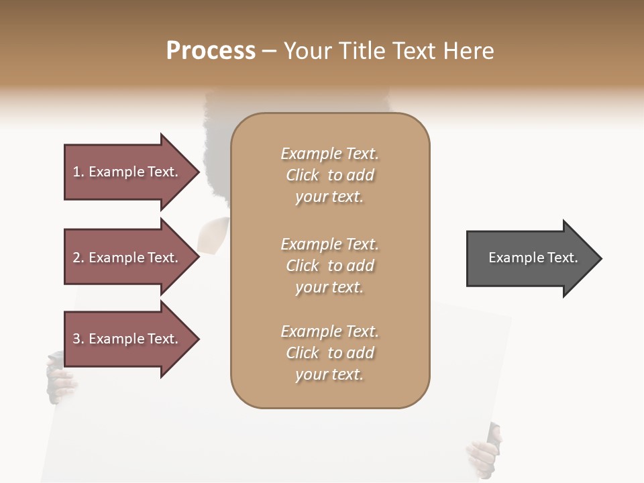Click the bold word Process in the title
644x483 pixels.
tap(211, 50)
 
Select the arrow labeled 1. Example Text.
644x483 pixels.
tap(127, 172)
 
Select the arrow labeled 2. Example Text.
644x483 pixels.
tap(127, 258)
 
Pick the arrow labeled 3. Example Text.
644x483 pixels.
tap(127, 339)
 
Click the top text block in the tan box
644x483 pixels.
tap(329, 175)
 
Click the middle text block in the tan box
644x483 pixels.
tap(329, 266)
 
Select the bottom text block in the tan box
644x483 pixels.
tap(329, 353)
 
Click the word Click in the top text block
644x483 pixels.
tap(303, 175)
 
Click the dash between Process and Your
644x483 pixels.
tap(269, 51)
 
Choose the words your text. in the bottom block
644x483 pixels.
tap(329, 374)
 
